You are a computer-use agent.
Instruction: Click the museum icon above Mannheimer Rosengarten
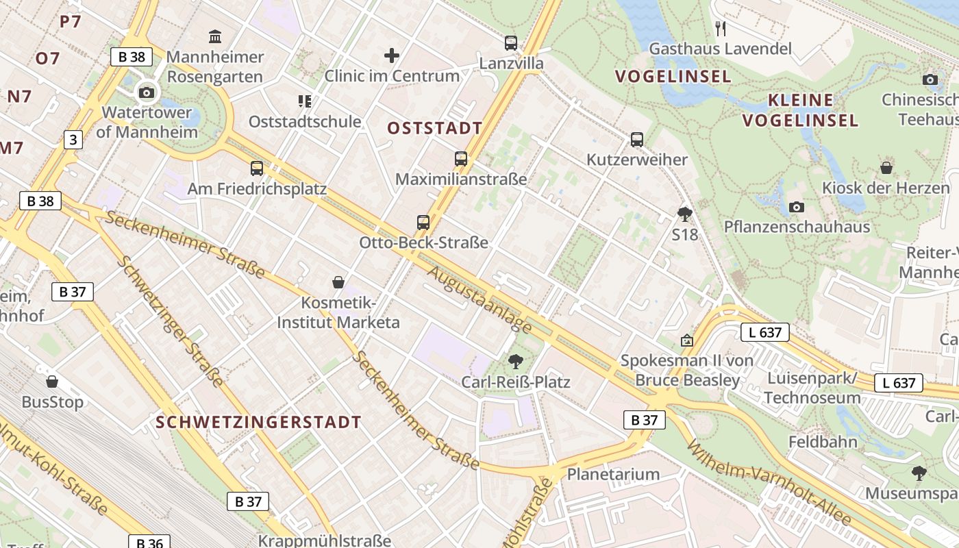[215, 36]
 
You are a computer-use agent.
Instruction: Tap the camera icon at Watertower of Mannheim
[146, 92]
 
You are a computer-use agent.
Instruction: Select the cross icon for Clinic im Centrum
[392, 55]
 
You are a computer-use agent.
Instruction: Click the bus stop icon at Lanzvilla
[511, 43]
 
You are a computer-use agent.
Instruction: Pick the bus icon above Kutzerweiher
[637, 140]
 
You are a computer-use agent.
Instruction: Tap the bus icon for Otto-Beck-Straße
[423, 223]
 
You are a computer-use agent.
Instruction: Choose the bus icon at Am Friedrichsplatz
[257, 168]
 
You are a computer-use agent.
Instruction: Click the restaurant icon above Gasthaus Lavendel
[720, 29]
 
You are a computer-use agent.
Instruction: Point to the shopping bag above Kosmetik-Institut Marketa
[338, 282]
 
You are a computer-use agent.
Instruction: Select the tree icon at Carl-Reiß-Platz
[516, 362]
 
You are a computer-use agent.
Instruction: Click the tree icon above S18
[684, 214]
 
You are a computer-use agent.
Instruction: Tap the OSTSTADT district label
[435, 128]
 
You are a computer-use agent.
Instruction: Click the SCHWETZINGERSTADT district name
[258, 422]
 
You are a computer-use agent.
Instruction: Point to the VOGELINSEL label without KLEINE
[673, 76]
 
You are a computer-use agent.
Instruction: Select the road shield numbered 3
[73, 140]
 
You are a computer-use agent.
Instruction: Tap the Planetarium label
[614, 474]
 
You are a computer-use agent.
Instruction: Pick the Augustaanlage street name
[480, 300]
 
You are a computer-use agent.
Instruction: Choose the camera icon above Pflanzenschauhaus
[796, 207]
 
